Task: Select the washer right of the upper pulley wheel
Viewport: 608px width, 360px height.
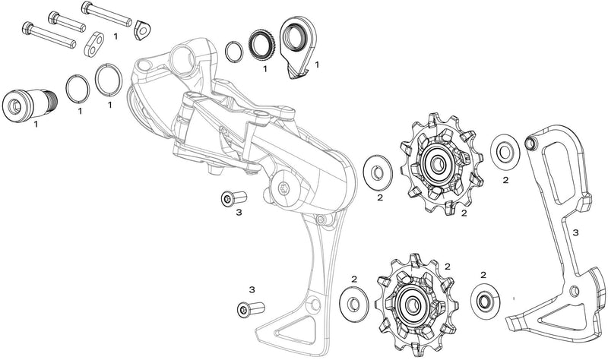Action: coord(502,150)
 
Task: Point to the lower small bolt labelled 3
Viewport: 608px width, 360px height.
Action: coord(248,308)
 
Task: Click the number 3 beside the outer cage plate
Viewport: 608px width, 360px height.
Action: coord(575,232)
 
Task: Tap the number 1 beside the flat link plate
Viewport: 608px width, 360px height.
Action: coord(115,36)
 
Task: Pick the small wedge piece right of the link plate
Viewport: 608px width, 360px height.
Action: coord(141,30)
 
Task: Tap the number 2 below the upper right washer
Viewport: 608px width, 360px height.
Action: coord(505,180)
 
